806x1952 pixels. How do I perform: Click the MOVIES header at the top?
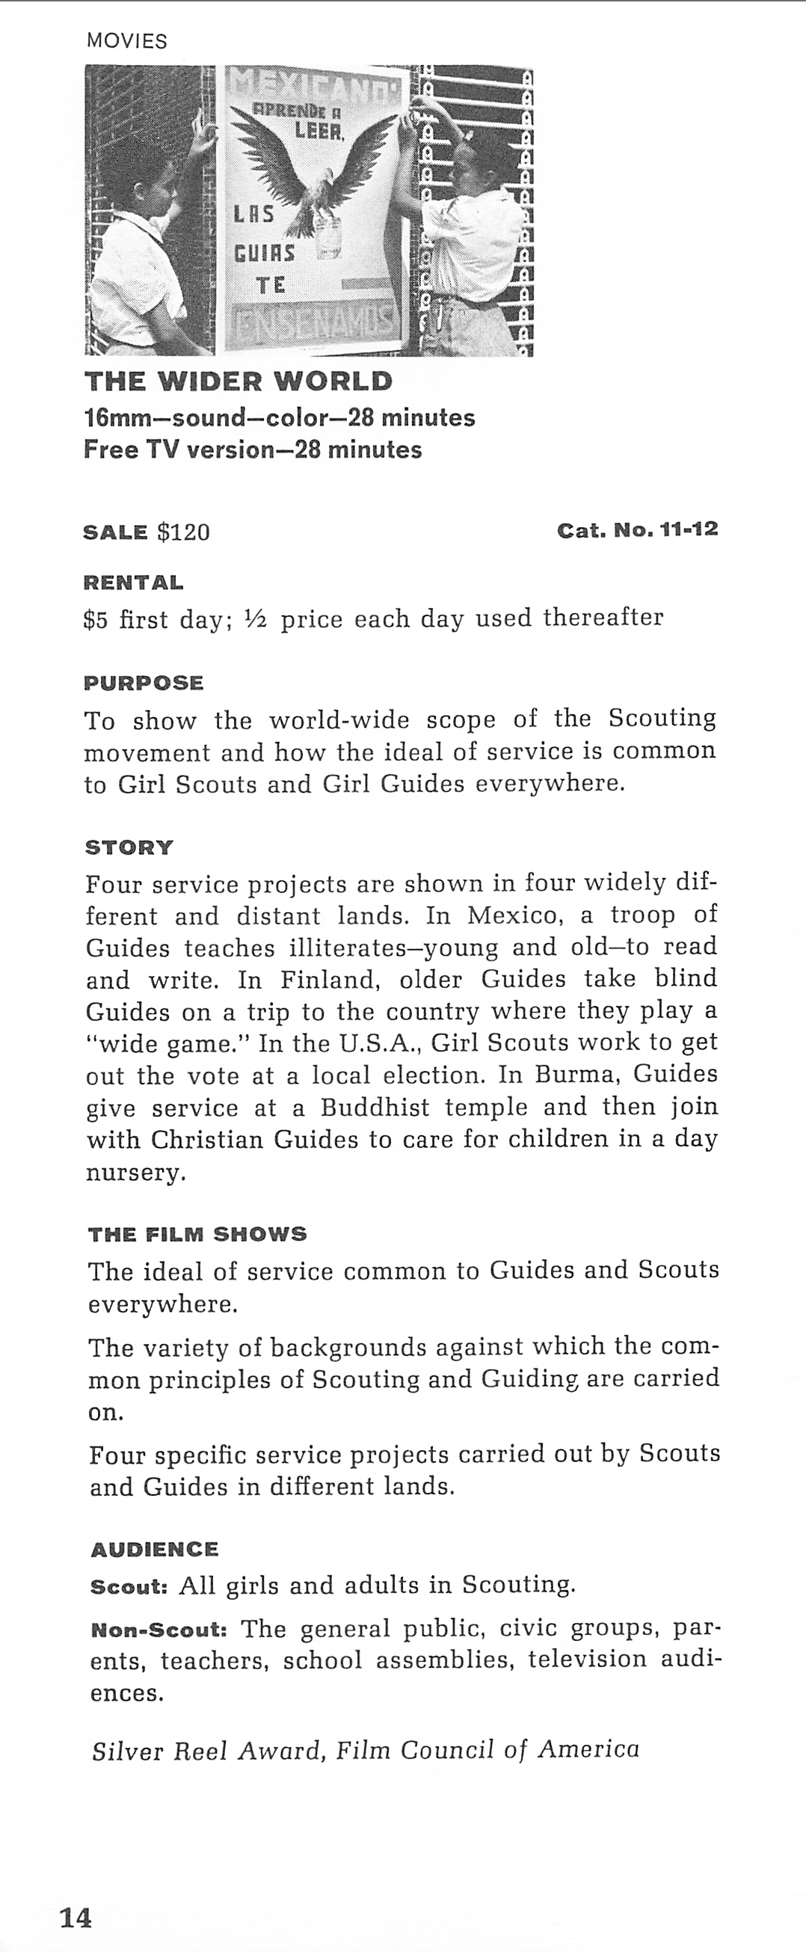point(126,41)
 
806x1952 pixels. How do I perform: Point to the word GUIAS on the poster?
point(264,251)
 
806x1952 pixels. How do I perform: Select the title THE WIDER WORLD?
point(239,381)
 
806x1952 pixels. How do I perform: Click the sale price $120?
point(182,532)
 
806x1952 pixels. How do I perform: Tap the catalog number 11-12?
point(689,529)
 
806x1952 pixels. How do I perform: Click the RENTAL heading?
point(133,583)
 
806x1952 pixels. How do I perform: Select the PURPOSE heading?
point(144,683)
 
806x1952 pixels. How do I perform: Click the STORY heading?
point(129,847)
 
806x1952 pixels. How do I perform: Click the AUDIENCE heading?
point(155,1550)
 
